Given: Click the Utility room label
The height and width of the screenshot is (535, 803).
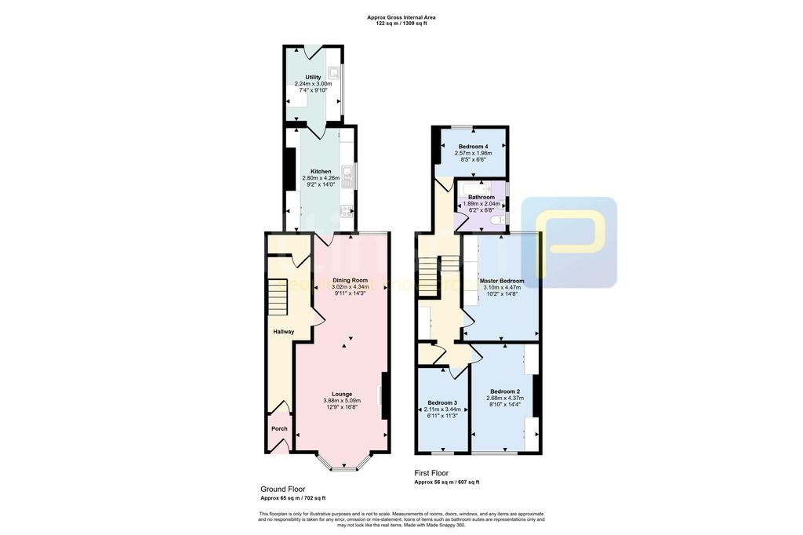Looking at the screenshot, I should coord(313,77).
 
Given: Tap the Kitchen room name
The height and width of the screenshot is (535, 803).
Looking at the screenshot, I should coord(321,171).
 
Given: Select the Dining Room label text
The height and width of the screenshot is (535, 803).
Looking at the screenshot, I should coord(350,280).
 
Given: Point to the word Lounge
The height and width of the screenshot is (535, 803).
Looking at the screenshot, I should coord(342,394).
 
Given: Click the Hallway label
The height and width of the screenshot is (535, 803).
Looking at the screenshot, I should coord(283,332).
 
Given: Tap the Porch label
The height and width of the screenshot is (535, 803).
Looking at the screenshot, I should coord(279,428).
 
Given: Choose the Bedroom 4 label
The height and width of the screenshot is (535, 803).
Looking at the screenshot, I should coord(473,147).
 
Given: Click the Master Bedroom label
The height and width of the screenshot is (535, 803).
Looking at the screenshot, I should coord(502,280).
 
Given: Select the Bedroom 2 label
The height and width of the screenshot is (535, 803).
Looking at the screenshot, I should coord(505,391).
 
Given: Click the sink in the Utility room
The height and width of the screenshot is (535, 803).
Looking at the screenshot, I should coord(335,75).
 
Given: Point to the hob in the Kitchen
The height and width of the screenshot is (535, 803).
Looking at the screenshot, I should coord(347,209).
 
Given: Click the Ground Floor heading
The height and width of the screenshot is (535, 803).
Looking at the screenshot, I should coord(284,488).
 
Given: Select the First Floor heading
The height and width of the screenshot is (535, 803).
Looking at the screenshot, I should coord(431,473).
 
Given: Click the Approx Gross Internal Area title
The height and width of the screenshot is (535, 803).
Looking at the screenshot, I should coord(401,16).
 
